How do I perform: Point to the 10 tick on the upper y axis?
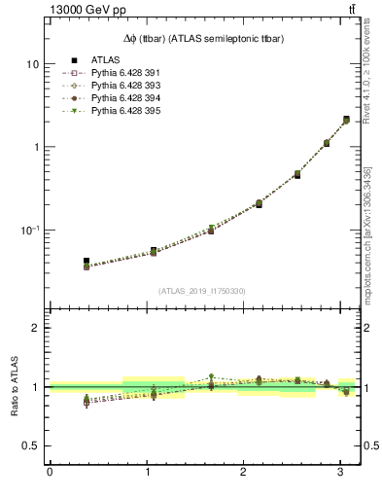(32, 64)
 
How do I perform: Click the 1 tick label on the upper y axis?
(35, 147)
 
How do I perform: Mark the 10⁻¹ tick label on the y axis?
(30, 230)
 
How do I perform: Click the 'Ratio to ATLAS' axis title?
(14, 386)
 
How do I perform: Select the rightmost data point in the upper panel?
(346, 120)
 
